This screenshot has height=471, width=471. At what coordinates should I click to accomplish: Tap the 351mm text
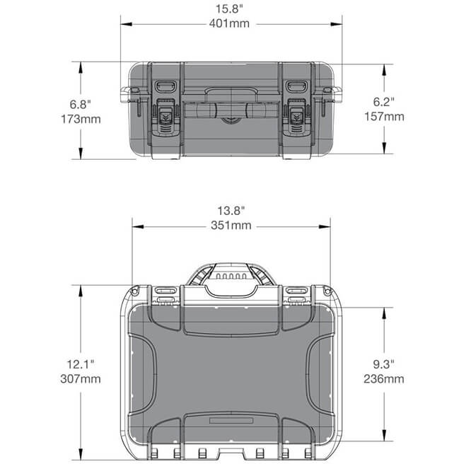point(231,226)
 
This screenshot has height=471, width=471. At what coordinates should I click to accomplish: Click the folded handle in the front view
point(231,91)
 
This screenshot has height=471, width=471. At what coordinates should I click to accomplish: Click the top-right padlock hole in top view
point(326,291)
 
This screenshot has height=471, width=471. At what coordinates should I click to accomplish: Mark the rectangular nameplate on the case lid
point(231,420)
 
